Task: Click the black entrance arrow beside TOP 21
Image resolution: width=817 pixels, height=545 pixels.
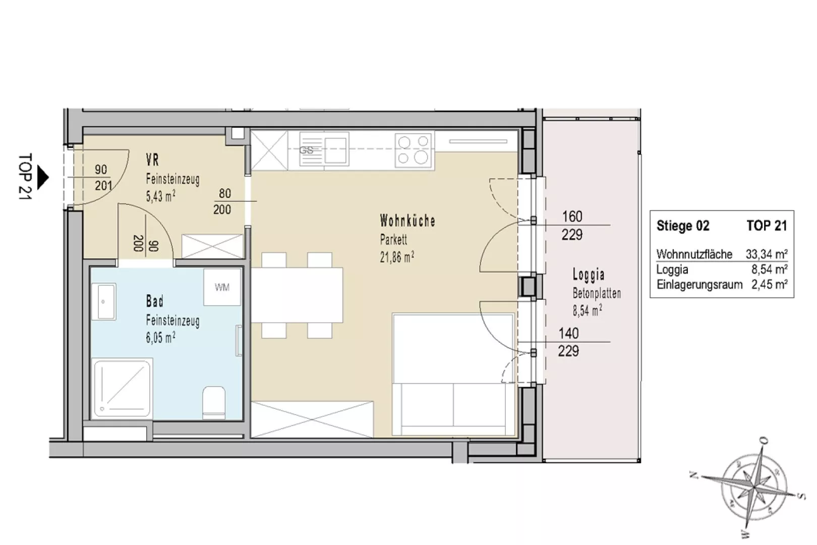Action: point(43,178)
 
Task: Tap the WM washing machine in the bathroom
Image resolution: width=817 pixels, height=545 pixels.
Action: point(222,287)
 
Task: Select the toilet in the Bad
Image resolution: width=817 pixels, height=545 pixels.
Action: point(214,403)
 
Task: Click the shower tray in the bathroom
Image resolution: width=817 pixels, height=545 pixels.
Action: point(122,388)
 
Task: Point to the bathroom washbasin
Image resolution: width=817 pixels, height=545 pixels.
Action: point(104,302)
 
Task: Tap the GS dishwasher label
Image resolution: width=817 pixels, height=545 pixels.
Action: point(306,150)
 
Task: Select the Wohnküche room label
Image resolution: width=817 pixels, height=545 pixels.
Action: point(407,221)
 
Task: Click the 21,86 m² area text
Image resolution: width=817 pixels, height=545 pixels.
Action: point(397,257)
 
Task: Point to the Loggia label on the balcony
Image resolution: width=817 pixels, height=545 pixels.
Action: point(589,274)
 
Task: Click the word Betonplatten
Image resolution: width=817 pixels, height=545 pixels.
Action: point(597,293)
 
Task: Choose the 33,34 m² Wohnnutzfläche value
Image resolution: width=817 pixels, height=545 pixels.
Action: point(766,254)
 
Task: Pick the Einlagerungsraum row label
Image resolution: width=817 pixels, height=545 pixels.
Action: point(699,285)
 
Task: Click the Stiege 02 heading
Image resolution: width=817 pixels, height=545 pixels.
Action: point(683,226)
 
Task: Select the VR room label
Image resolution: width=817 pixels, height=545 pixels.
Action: point(152,159)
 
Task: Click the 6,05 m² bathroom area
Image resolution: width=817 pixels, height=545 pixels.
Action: point(160,337)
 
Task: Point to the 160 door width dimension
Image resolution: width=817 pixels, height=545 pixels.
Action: point(572,216)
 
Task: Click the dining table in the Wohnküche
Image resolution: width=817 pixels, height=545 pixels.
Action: point(297,295)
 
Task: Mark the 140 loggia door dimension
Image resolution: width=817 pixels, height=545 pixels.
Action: point(568,333)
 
